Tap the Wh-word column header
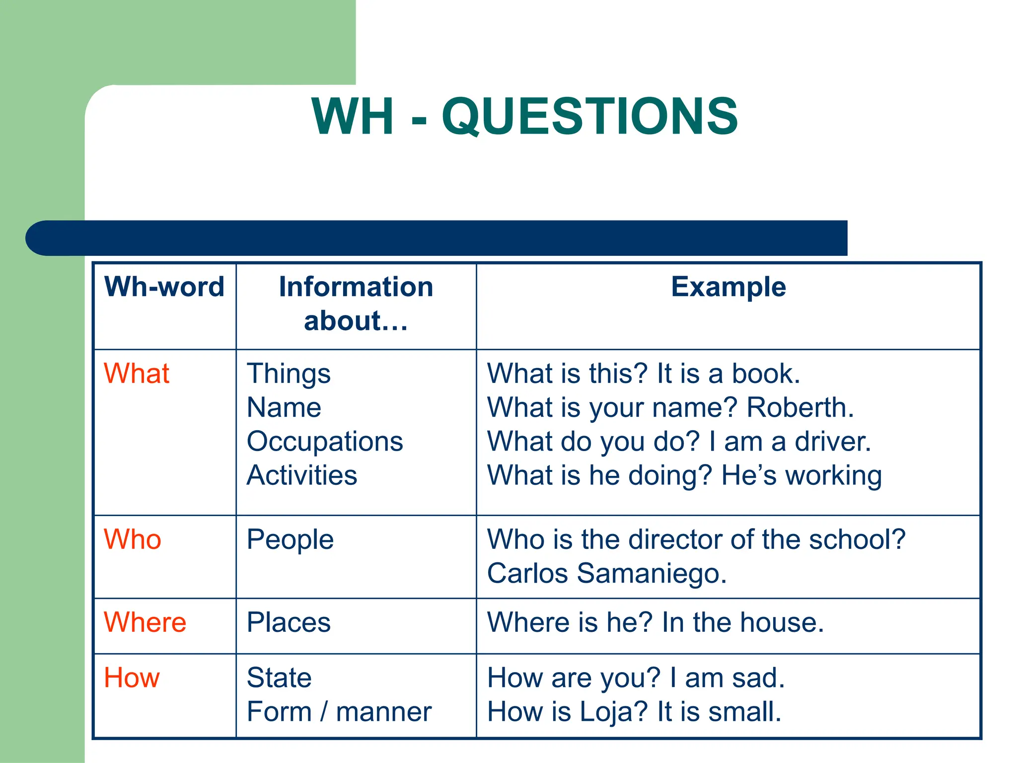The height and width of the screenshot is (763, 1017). pos(164,287)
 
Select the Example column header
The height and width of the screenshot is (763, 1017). pos(728,287)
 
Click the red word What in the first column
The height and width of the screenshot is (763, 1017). pos(137,374)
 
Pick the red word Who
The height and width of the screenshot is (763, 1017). pos(133,539)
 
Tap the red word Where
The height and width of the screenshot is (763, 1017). pos(145,622)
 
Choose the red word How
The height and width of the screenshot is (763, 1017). pos(132,678)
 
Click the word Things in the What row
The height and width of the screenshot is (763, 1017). pos(289,375)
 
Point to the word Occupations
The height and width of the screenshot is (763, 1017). pos(325,442)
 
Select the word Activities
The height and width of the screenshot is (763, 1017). pos(302,475)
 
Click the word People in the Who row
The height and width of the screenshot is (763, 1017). pos(290,540)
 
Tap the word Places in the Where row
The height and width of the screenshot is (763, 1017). pos(289,622)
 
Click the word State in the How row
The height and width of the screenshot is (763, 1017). pos(279,678)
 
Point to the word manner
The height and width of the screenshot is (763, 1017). pos(384,712)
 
